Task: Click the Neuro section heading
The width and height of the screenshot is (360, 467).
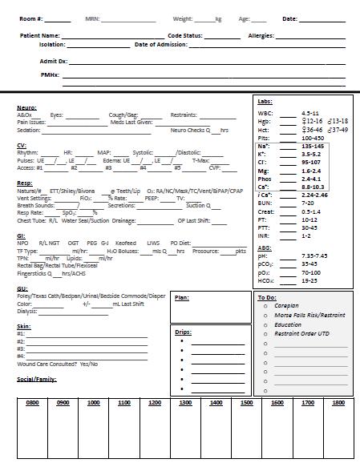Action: [x=26, y=107]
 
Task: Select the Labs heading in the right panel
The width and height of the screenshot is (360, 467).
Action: [x=265, y=101]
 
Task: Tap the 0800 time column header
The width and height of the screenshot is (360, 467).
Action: [x=33, y=403]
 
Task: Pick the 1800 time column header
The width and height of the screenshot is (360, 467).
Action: [x=338, y=403]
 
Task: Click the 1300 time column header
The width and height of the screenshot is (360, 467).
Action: [x=185, y=403]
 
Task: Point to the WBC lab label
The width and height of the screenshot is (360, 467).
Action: [x=266, y=113]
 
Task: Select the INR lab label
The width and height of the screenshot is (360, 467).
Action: [x=264, y=236]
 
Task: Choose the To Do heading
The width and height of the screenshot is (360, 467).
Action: [x=266, y=297]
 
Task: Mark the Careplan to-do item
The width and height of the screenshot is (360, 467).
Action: [x=286, y=306]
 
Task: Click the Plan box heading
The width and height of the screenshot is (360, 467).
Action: [x=182, y=297]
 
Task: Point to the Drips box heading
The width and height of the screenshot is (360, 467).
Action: [x=183, y=331]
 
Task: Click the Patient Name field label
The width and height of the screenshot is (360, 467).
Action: [x=40, y=36]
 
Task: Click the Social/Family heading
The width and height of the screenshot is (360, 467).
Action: [x=37, y=379]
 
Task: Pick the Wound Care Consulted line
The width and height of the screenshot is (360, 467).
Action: [x=58, y=364]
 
